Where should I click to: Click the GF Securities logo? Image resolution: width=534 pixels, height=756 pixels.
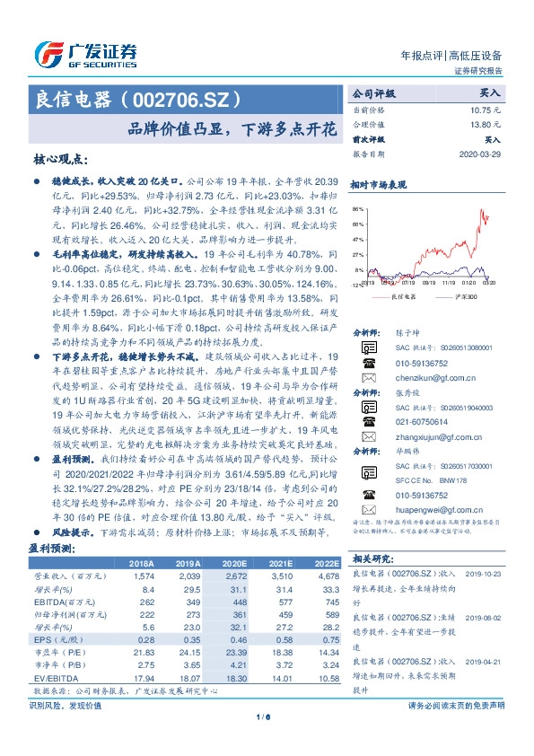point(85,53)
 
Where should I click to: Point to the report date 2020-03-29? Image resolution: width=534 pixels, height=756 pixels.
point(483,154)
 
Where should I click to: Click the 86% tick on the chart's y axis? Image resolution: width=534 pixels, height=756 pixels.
point(358,207)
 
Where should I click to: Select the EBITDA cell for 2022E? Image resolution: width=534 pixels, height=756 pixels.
point(328,602)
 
